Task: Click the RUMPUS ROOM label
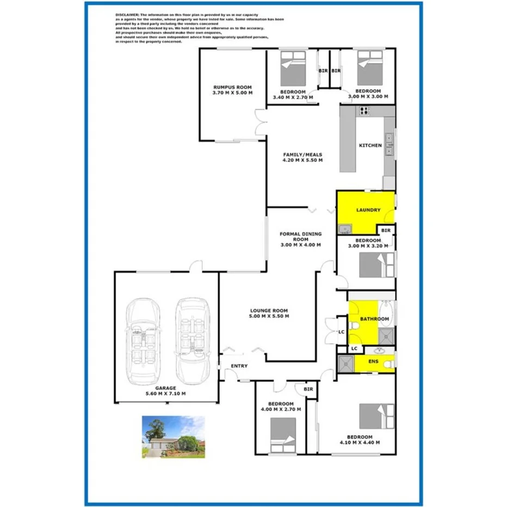pos(232,87)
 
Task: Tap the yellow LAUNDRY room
pos(368,210)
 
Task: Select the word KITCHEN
pos(370,145)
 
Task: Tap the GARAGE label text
pos(166,388)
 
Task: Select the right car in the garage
pos(193,339)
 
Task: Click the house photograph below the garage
pos(174,437)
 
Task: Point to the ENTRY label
pos(239,366)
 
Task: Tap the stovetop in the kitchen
pos(363,112)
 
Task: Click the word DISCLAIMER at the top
pos(128,15)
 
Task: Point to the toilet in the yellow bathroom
pos(354,326)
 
